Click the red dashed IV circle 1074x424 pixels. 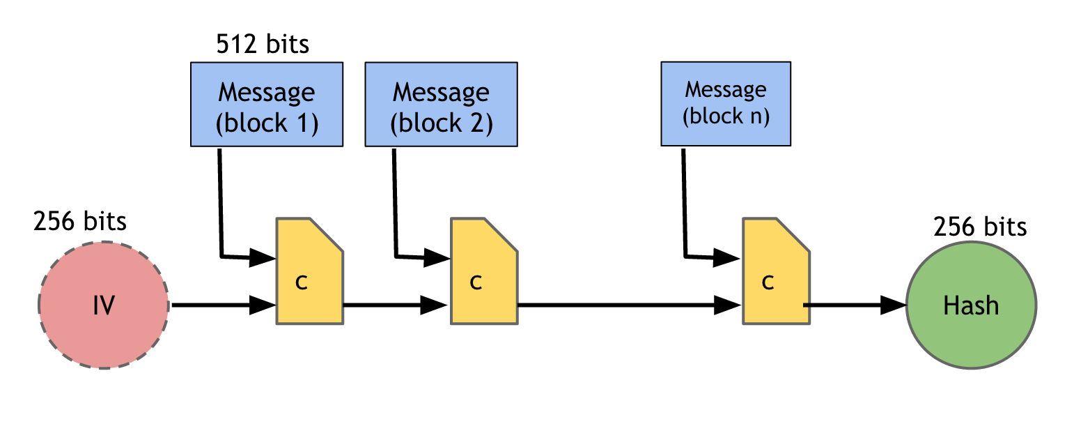[104, 305]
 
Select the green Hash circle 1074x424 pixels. [972, 305]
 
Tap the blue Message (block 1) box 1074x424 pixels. [267, 104]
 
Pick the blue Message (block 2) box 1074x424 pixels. [441, 104]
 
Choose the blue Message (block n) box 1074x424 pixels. [726, 104]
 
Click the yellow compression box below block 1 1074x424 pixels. [309, 271]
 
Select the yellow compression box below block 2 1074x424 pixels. [484, 271]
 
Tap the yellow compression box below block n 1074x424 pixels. [777, 271]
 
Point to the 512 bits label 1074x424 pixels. [263, 44]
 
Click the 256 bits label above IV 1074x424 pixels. [80, 221]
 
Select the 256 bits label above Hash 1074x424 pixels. [980, 226]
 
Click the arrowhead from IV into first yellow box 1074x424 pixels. [263, 305]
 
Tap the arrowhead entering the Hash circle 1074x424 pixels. [893, 305]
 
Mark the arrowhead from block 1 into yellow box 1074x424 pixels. [263, 258]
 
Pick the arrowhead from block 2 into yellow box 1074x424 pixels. [437, 258]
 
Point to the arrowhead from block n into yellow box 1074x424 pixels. [727, 258]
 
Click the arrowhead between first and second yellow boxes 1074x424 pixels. [434, 305]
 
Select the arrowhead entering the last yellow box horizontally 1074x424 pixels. [727, 305]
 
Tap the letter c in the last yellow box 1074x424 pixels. [768, 282]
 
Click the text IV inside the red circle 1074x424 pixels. [104, 305]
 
